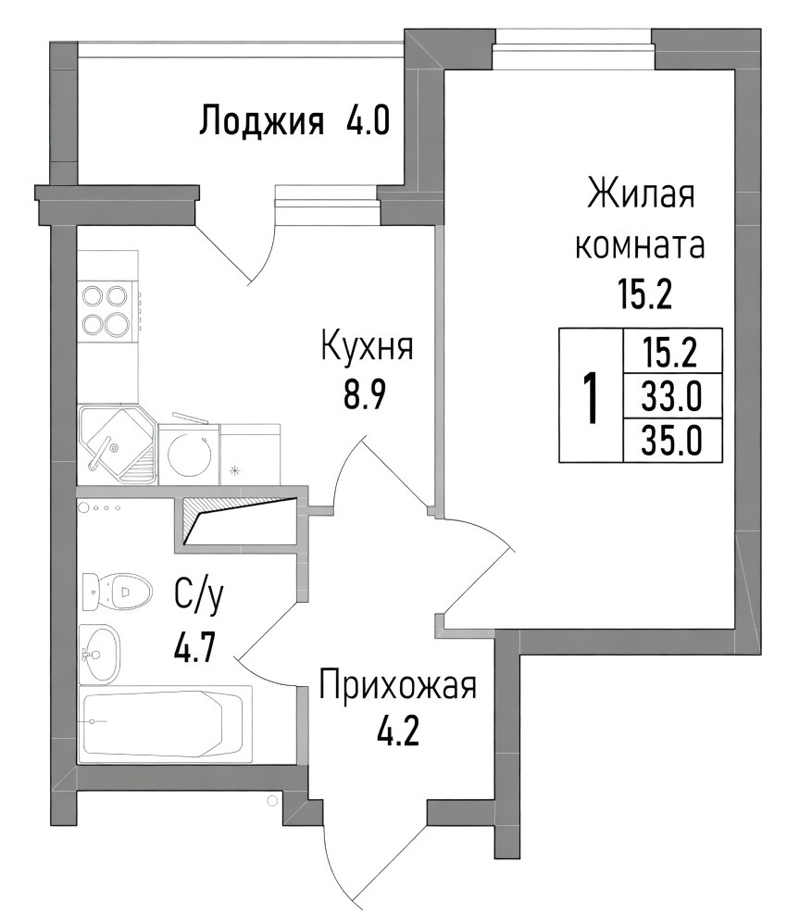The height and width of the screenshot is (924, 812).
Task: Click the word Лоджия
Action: pyautogui.click(x=262, y=122)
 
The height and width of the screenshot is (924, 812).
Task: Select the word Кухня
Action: pyautogui.click(x=367, y=347)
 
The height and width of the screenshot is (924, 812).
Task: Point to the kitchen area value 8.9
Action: pyautogui.click(x=365, y=395)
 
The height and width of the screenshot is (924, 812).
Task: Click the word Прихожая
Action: pyautogui.click(x=397, y=688)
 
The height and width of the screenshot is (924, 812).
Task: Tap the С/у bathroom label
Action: pyautogui.click(x=199, y=598)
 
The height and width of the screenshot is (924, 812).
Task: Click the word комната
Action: pyautogui.click(x=640, y=245)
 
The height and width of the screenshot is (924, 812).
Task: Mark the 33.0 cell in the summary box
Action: pyautogui.click(x=672, y=395)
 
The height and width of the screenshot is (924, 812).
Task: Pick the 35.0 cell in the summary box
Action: pyautogui.click(x=672, y=441)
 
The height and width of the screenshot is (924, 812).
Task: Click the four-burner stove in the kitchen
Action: pyautogui.click(x=108, y=309)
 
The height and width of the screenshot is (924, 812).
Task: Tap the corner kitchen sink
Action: pyautogui.click(x=118, y=444)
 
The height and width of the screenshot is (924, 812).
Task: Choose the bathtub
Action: pyautogui.click(x=166, y=724)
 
